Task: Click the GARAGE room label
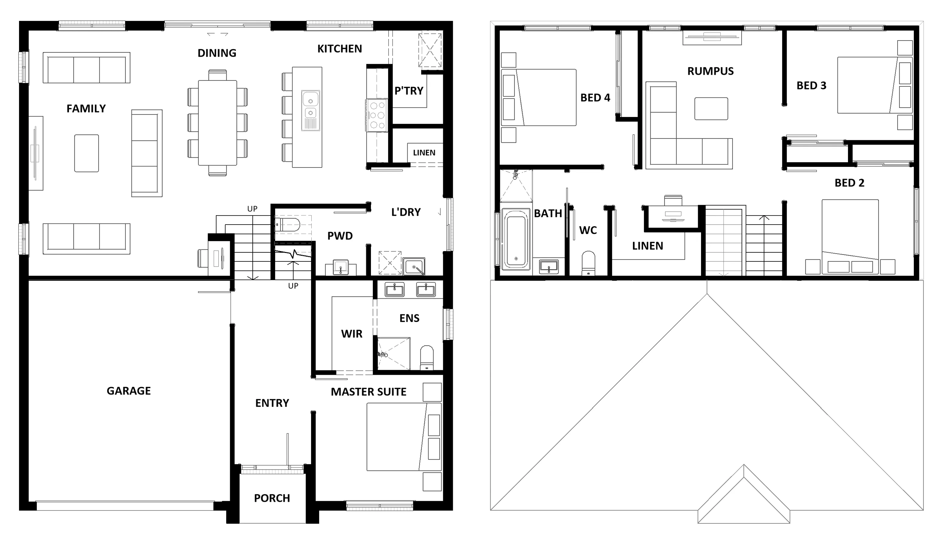tap(128, 391)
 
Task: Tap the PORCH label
tap(272, 498)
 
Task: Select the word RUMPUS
tap(710, 71)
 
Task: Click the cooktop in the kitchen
tap(377, 115)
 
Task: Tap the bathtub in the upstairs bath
tap(516, 239)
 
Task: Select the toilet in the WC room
tap(589, 263)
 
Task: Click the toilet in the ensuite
tap(427, 357)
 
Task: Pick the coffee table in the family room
tap(87, 153)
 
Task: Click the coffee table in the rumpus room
tap(711, 109)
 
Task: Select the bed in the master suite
tap(404, 437)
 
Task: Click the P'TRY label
tap(409, 91)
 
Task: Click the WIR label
tap(352, 334)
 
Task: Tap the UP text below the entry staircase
tap(293, 286)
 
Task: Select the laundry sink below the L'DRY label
tap(414, 266)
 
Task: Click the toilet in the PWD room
tap(287, 225)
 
